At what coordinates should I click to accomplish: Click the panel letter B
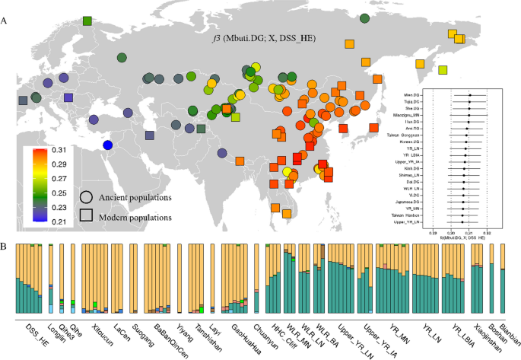[x=6, y=247]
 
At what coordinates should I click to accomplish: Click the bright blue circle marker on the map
[x=108, y=145]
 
